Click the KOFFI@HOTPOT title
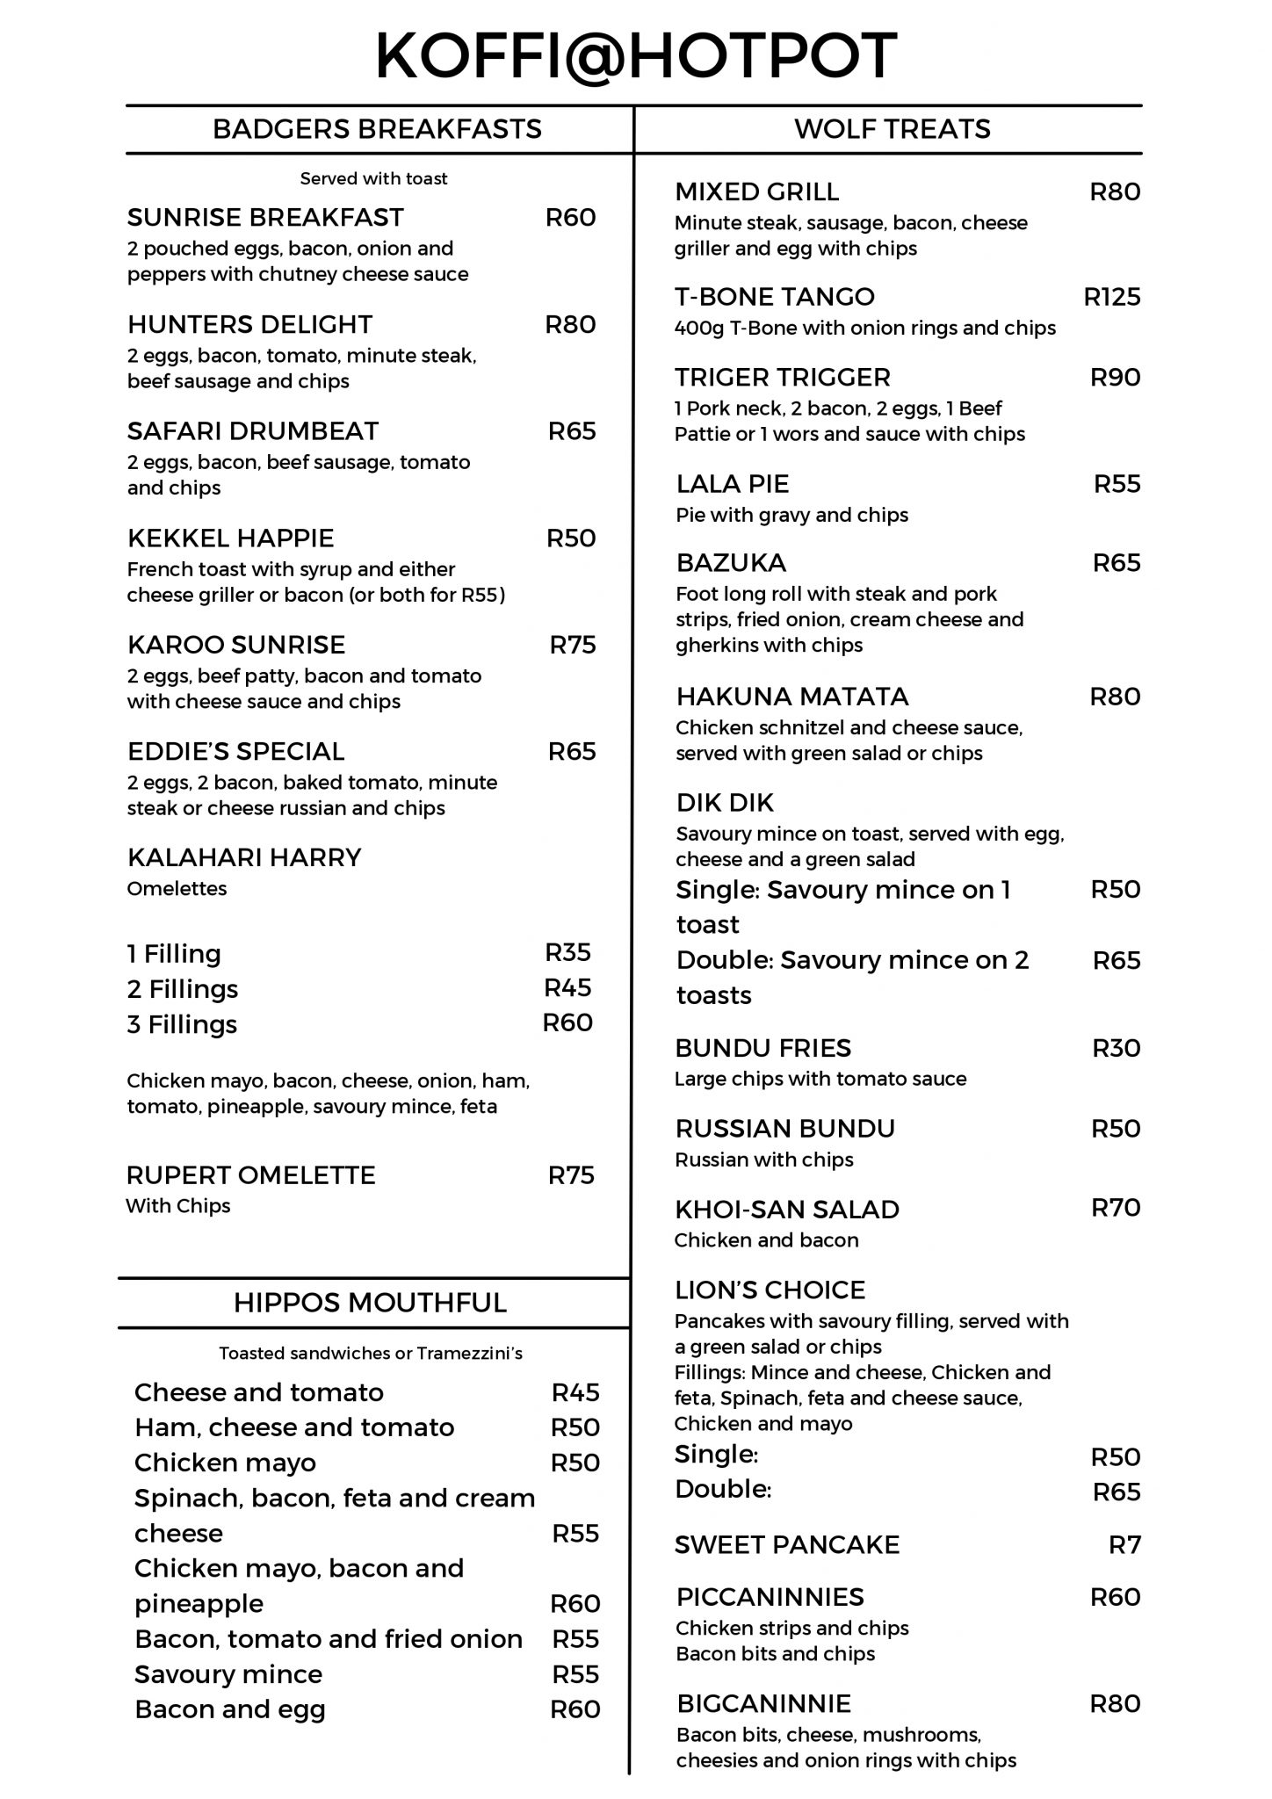pos(636,55)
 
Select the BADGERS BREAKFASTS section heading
pos(377,129)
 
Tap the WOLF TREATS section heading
pos(892,129)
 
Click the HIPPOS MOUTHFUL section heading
pos(370,1302)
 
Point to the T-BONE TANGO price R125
pos(1112,297)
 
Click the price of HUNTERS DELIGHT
pos(570,324)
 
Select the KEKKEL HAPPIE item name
pos(230,538)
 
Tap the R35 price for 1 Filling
pos(568,952)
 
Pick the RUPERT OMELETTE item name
pos(250,1174)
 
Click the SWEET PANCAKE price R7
pos(1124,1544)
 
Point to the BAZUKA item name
pos(731,562)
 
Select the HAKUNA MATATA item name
pos(791,697)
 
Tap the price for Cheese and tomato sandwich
pos(575,1391)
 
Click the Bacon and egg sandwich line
pos(229,1709)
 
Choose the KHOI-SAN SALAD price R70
pos(1116,1207)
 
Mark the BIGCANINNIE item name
pos(763,1703)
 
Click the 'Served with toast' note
pos(373,178)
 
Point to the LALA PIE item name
pos(732,484)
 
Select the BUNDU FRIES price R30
pos(1116,1047)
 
